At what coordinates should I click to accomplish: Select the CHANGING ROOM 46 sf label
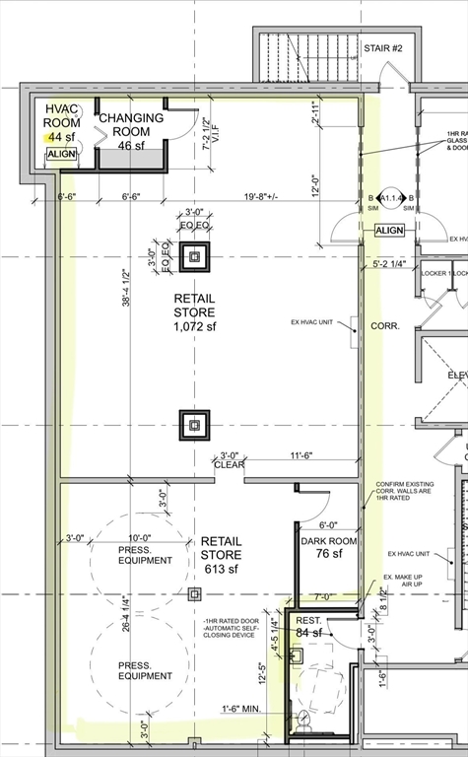coord(131,131)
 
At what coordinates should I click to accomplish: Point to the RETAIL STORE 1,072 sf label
coord(193,312)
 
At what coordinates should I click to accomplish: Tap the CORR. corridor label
coord(384,325)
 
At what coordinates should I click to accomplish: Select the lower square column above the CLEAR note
coord(194,426)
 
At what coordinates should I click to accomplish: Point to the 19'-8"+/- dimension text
coord(246,197)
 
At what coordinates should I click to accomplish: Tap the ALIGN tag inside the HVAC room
coord(61,155)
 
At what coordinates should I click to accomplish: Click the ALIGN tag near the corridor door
coord(388,231)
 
